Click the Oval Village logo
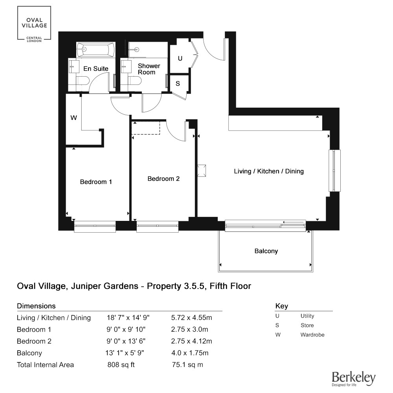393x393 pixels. [x=34, y=24]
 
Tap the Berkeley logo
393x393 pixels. [x=354, y=379]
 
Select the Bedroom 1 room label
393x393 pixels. [x=96, y=182]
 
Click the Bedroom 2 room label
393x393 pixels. [x=163, y=179]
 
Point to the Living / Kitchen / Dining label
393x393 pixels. [x=269, y=171]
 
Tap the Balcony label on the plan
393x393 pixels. [x=266, y=251]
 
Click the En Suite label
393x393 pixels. [x=96, y=69]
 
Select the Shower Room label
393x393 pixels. [x=149, y=69]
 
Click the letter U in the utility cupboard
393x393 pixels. [x=180, y=59]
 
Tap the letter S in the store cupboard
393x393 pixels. [x=178, y=83]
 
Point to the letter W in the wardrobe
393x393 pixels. [x=74, y=118]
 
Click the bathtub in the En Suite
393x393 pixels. [x=96, y=50]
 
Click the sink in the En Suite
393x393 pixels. [x=74, y=66]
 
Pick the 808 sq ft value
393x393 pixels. [x=121, y=365]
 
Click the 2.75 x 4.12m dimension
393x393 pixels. [x=191, y=341]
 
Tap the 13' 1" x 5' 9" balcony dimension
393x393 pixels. [x=125, y=353]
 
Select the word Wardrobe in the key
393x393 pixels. [x=312, y=334]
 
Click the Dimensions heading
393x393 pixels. [x=36, y=306]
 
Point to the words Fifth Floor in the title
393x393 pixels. [x=230, y=286]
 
